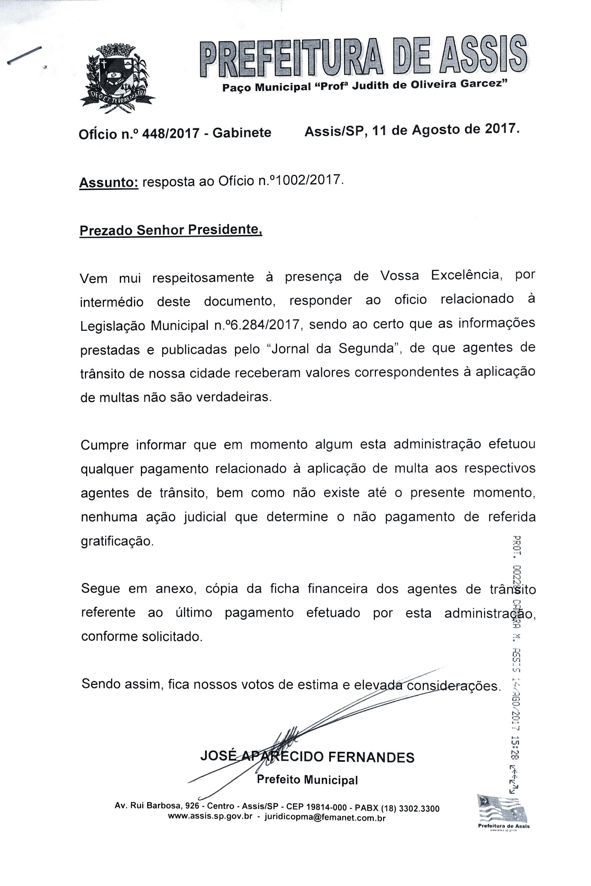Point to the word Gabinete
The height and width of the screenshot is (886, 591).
click(x=242, y=132)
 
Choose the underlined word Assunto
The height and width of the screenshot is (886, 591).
click(x=108, y=183)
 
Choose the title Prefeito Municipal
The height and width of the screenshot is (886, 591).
click(x=307, y=780)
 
